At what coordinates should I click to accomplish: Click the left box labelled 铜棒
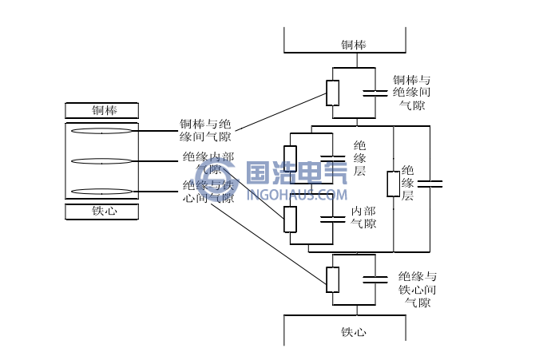coord(102,111)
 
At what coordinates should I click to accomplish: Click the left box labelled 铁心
coord(102,212)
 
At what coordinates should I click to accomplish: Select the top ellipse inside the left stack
coord(101,131)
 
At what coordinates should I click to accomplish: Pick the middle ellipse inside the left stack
coord(101,161)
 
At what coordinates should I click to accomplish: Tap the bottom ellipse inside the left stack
coord(101,192)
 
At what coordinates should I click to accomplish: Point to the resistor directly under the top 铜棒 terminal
coord(333,93)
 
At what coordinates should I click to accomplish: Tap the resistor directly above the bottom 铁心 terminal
coord(333,279)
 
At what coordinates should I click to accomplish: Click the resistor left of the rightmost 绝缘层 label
coord(394,184)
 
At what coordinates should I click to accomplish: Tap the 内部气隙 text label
coord(363,217)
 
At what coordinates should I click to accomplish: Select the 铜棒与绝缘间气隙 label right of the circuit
coord(411,93)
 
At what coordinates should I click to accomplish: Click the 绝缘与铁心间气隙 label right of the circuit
coord(417,289)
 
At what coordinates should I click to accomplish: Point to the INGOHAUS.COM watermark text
coord(296,194)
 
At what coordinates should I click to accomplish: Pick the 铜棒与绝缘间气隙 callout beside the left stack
coord(205,130)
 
